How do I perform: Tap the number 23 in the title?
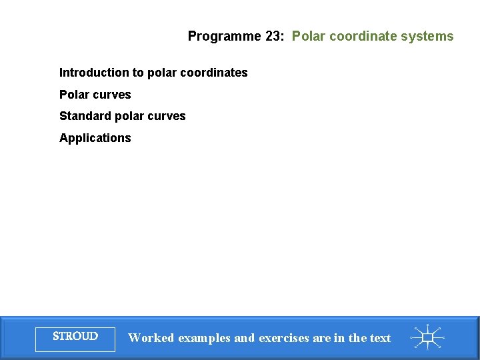click(x=273, y=37)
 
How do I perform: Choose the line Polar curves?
click(x=95, y=95)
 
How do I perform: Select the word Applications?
click(x=95, y=138)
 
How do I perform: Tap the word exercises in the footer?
click(x=283, y=339)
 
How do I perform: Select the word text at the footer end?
click(x=379, y=338)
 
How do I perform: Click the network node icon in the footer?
click(x=427, y=337)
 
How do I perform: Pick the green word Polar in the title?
click(x=307, y=37)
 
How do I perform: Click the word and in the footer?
click(x=244, y=338)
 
